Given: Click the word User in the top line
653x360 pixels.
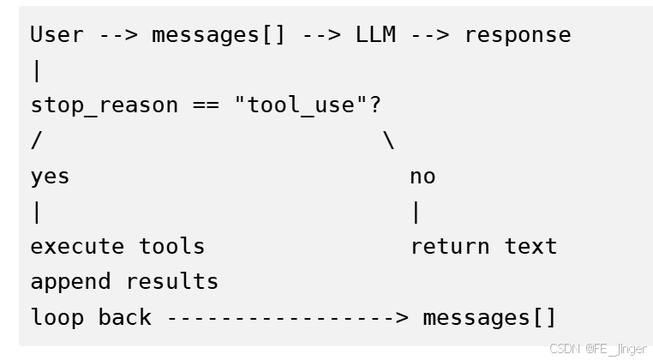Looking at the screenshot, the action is (x=57, y=35).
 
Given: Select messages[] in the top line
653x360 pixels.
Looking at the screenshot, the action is (x=219, y=35).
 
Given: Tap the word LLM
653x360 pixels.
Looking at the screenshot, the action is (x=375, y=35).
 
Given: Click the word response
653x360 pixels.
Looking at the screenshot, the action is (x=518, y=35).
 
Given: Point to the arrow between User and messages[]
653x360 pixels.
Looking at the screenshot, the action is (x=117, y=35).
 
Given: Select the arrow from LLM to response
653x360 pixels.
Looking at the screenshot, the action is (x=430, y=35).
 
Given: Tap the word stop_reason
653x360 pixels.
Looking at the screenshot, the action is (x=105, y=105).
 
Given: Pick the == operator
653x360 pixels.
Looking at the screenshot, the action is (x=205, y=105).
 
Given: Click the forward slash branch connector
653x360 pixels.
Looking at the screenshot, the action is (x=36, y=141).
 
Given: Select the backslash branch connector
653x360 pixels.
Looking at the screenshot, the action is (x=389, y=141).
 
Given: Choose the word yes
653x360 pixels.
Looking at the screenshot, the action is (x=50, y=177).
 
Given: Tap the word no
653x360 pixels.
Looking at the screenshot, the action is (x=422, y=177).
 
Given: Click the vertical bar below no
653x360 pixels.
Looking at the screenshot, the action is (x=416, y=212).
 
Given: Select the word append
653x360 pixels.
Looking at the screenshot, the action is (x=70, y=282).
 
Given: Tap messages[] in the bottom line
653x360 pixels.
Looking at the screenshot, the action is (x=489, y=317).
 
